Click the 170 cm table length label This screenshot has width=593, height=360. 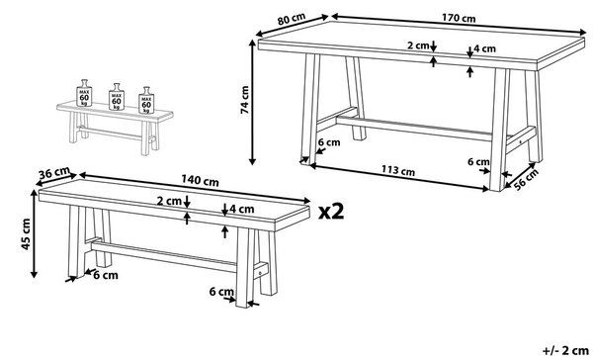click(459, 18)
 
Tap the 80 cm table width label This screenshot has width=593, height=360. click(291, 20)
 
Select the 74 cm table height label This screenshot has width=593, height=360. click(244, 100)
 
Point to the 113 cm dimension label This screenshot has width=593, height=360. click(397, 171)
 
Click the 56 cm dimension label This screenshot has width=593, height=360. click(526, 178)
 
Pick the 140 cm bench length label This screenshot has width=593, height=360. click(200, 180)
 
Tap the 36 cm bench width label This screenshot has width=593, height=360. click(54, 173)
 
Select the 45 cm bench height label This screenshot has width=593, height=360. click(26, 234)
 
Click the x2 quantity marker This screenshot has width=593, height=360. click(331, 212)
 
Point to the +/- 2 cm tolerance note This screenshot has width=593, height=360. click(565, 350)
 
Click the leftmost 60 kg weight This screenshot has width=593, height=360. click(84, 93)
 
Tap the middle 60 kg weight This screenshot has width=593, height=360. click(117, 97)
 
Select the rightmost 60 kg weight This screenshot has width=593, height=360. click(146, 100)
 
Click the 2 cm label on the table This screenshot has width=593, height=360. click(418, 45)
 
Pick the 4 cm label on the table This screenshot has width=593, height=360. click(484, 48)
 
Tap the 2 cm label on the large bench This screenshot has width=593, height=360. click(169, 201)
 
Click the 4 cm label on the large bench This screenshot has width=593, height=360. click(242, 209)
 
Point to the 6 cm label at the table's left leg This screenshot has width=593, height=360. click(329, 142)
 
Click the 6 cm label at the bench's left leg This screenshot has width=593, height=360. click(106, 275)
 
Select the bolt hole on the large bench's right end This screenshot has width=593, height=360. click(260, 273)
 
